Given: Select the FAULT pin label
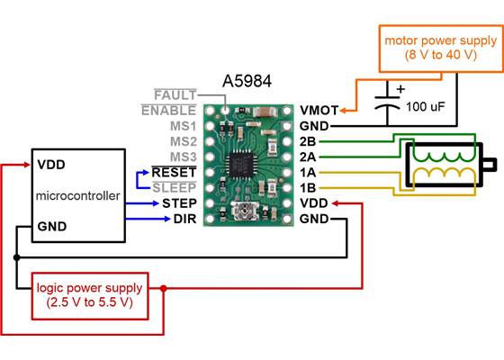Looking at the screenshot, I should point(176,95).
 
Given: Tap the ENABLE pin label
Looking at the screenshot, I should point(170,111).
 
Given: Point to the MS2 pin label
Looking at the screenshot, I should point(183,141).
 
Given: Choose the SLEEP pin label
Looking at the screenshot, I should point(178,187).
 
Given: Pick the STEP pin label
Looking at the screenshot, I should point(180,202).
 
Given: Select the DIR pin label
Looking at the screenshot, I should point(184,218).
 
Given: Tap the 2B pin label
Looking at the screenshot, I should point(309,141).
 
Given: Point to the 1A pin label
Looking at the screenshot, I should point(309,172).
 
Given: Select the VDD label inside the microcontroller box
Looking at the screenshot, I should point(50,165).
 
